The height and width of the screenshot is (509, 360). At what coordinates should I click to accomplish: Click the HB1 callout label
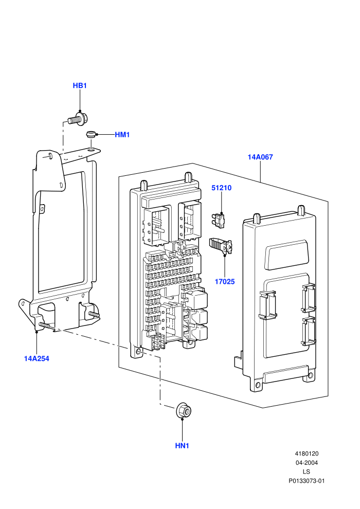point(80,86)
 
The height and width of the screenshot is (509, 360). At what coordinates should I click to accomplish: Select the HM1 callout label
point(122,135)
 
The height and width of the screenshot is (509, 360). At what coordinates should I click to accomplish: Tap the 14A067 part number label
point(260,157)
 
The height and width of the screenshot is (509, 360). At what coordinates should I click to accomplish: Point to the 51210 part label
point(221,188)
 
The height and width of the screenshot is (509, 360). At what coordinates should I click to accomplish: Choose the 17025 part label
point(225,282)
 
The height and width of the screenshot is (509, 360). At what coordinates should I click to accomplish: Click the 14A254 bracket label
point(37,359)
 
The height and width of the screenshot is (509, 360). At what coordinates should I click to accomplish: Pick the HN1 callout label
point(182,446)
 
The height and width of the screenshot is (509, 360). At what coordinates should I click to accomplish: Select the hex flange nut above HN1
point(184,411)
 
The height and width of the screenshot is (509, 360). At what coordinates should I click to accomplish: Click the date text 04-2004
point(307,463)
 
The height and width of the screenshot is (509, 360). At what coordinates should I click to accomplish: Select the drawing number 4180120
point(307,454)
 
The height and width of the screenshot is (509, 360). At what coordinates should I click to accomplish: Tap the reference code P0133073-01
point(307,481)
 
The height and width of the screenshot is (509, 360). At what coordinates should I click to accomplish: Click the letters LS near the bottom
point(307,472)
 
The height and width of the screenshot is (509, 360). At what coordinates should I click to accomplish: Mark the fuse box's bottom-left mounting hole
point(139,352)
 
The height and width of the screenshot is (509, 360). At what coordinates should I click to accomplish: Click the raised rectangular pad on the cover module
point(285,254)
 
